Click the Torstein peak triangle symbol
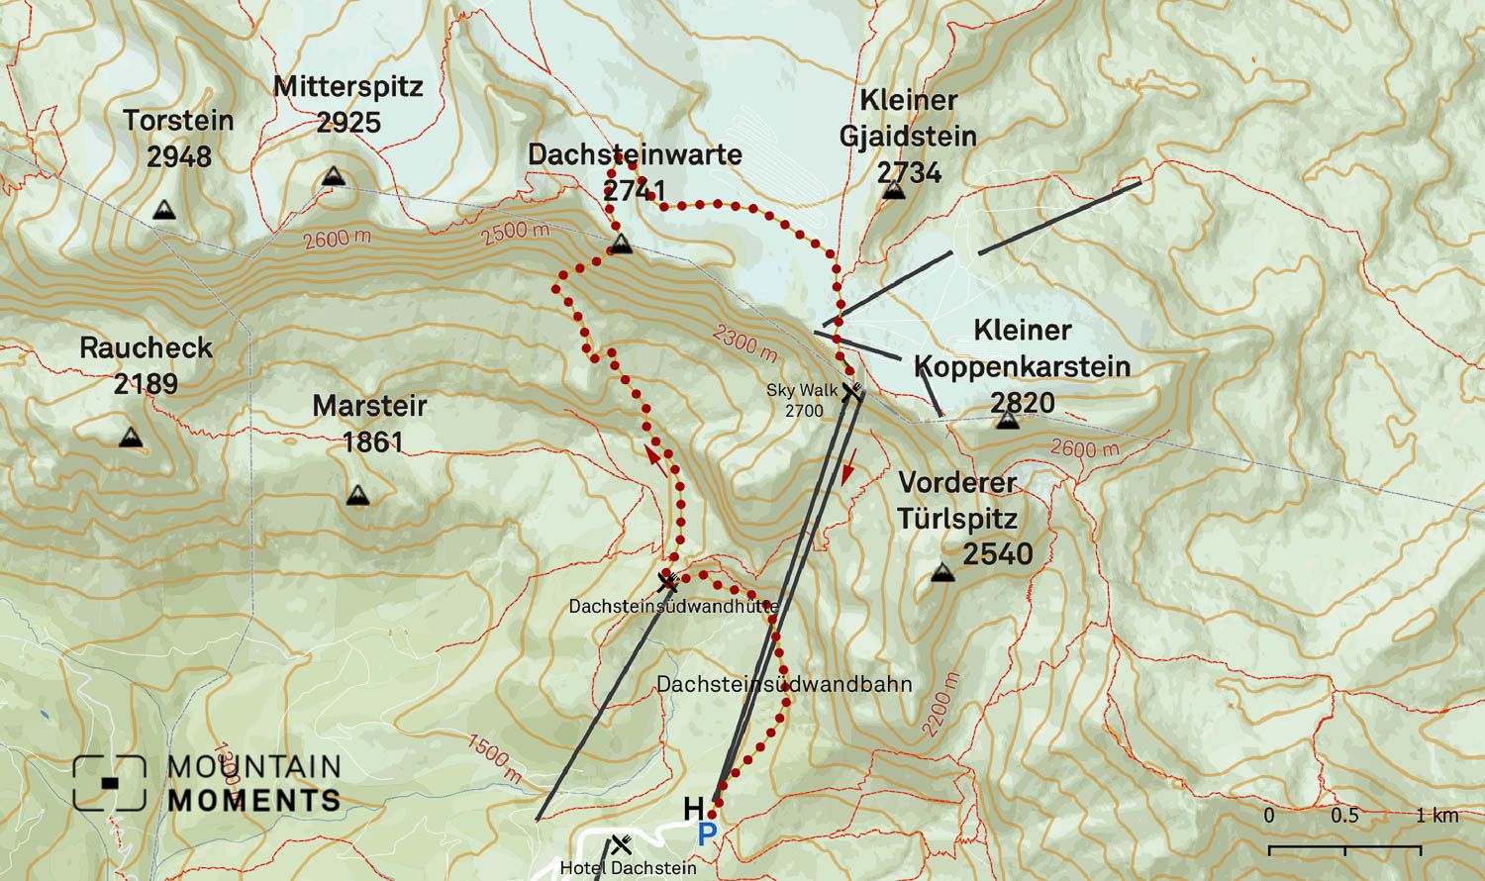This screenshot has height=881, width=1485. click(x=164, y=210)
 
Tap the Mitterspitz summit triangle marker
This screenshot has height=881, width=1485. click(x=334, y=176)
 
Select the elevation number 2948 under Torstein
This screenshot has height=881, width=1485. click(x=179, y=156)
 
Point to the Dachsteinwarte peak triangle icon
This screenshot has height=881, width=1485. click(x=621, y=245)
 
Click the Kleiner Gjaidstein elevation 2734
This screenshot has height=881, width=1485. click(x=909, y=172)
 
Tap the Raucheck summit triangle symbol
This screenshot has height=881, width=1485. click(x=130, y=438)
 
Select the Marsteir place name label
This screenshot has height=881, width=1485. click(x=370, y=406)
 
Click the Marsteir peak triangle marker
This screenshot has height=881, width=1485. click(x=358, y=495)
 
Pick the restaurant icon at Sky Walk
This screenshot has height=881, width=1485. click(x=850, y=391)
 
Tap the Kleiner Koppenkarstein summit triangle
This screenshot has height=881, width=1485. click(x=1008, y=421)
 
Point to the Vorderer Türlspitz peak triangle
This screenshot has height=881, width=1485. click(x=942, y=572)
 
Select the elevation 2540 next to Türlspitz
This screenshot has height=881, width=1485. click(x=998, y=553)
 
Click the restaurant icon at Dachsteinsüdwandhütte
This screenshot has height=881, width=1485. click(x=668, y=581)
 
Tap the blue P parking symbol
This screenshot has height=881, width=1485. click(x=707, y=834)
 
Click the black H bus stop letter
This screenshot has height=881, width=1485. click(x=694, y=810)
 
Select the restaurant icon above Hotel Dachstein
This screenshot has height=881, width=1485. click(x=622, y=844)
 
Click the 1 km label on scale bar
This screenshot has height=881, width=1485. click(x=1436, y=816)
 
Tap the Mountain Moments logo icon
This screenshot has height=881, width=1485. click(x=109, y=783)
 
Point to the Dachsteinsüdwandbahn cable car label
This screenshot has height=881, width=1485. click(x=784, y=684)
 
